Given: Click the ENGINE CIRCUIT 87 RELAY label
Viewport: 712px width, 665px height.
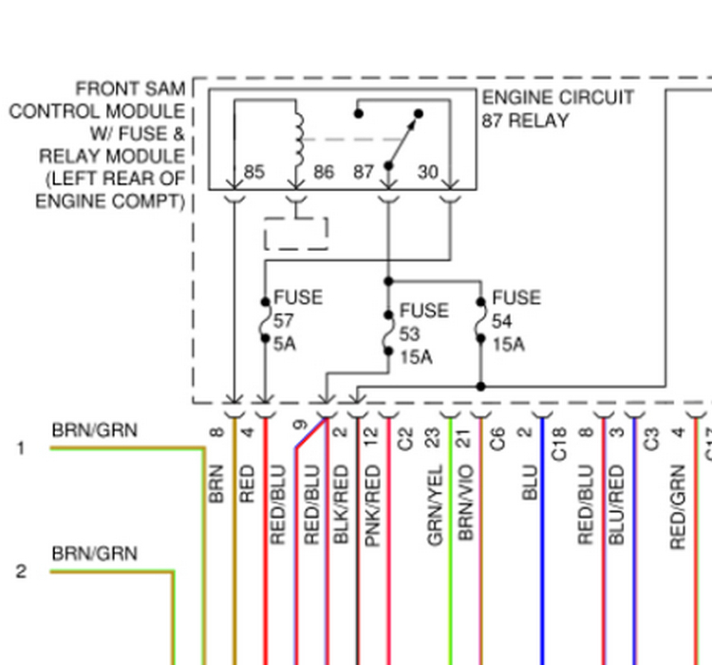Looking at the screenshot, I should click(x=557, y=109).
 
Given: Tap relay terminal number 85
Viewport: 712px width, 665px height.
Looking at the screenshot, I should click(x=254, y=172).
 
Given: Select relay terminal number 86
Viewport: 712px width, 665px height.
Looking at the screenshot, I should click(x=324, y=172).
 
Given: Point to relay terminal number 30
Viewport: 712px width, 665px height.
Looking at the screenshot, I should click(x=428, y=172).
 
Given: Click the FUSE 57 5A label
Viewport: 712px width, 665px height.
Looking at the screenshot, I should click(x=297, y=320).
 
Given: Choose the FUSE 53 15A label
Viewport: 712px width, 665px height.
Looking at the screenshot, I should click(x=423, y=333).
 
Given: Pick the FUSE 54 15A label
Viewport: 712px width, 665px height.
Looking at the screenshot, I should click(x=515, y=320).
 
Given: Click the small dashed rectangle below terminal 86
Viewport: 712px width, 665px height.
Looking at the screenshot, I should click(x=295, y=234).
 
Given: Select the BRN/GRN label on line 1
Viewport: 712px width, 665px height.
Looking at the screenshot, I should click(x=94, y=430).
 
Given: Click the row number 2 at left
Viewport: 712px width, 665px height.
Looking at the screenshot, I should click(x=21, y=572).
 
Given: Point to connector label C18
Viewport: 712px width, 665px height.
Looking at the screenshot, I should click(x=559, y=443).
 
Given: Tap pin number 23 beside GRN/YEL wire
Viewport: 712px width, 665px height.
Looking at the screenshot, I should click(x=434, y=438).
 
